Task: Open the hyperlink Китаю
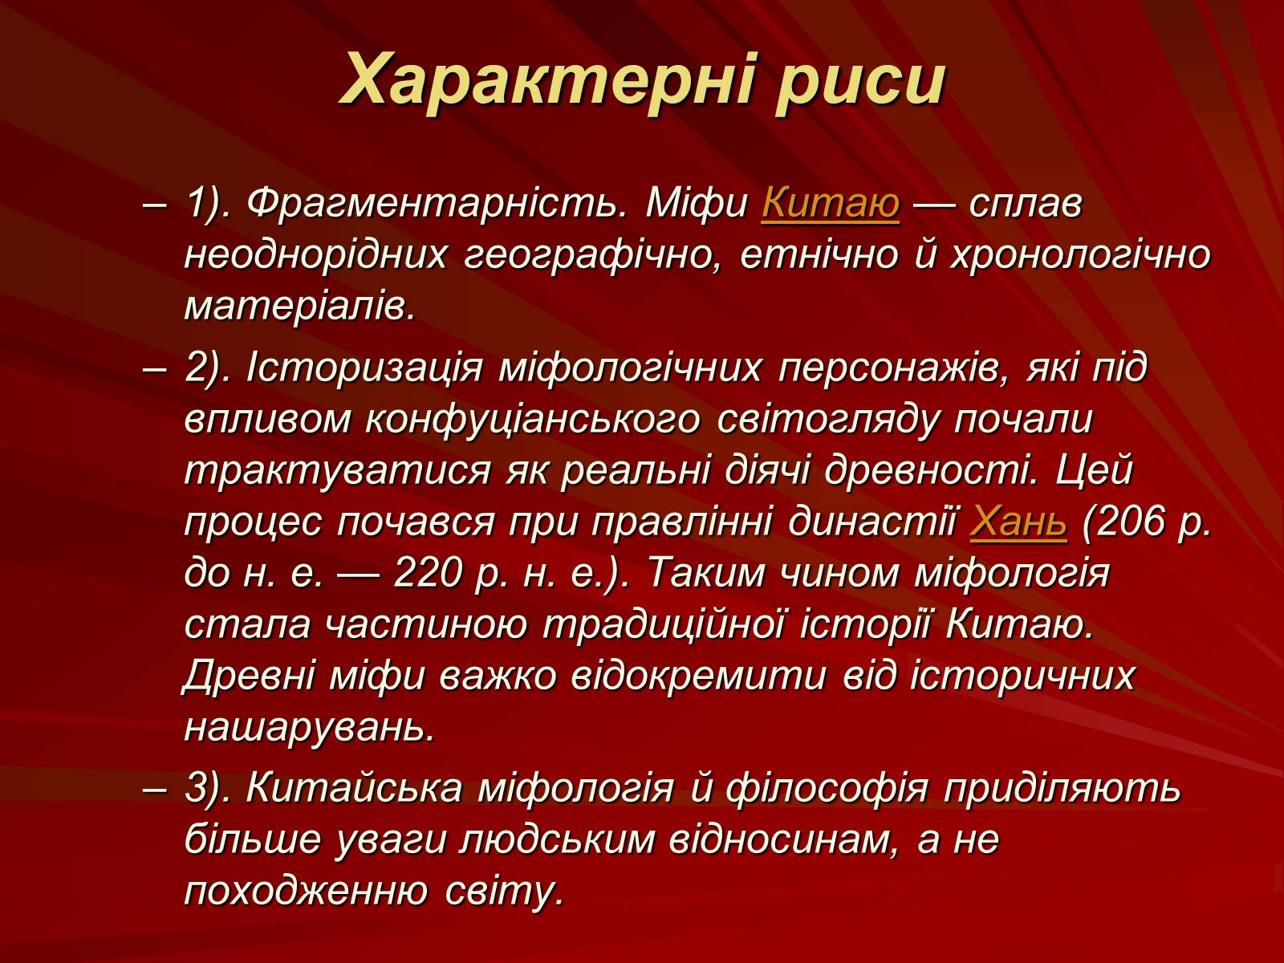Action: click(x=830, y=205)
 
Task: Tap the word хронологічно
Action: click(x=1080, y=257)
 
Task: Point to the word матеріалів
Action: click(x=299, y=305)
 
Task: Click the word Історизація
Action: click(x=365, y=369)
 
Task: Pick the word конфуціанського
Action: click(x=532, y=420)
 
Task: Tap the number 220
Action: click(x=428, y=573)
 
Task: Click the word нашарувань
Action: click(x=310, y=728)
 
